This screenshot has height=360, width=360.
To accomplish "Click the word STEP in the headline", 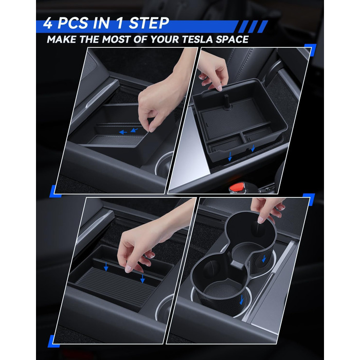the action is (149, 23).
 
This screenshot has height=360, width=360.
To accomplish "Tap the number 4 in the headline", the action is (48, 23).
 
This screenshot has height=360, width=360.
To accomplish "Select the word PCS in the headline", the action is (73, 23).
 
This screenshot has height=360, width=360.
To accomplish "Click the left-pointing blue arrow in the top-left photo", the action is (123, 132).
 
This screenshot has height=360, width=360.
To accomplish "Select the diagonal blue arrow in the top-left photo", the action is (134, 130).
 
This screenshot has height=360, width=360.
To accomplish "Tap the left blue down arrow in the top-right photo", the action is (230, 157).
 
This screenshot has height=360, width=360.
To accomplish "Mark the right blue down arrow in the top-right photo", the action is (253, 148).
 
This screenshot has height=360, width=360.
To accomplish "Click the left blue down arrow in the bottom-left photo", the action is (106, 267).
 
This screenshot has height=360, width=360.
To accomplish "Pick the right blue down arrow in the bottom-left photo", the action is (142, 278).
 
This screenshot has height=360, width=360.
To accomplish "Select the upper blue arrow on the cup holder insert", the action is (264, 259).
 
